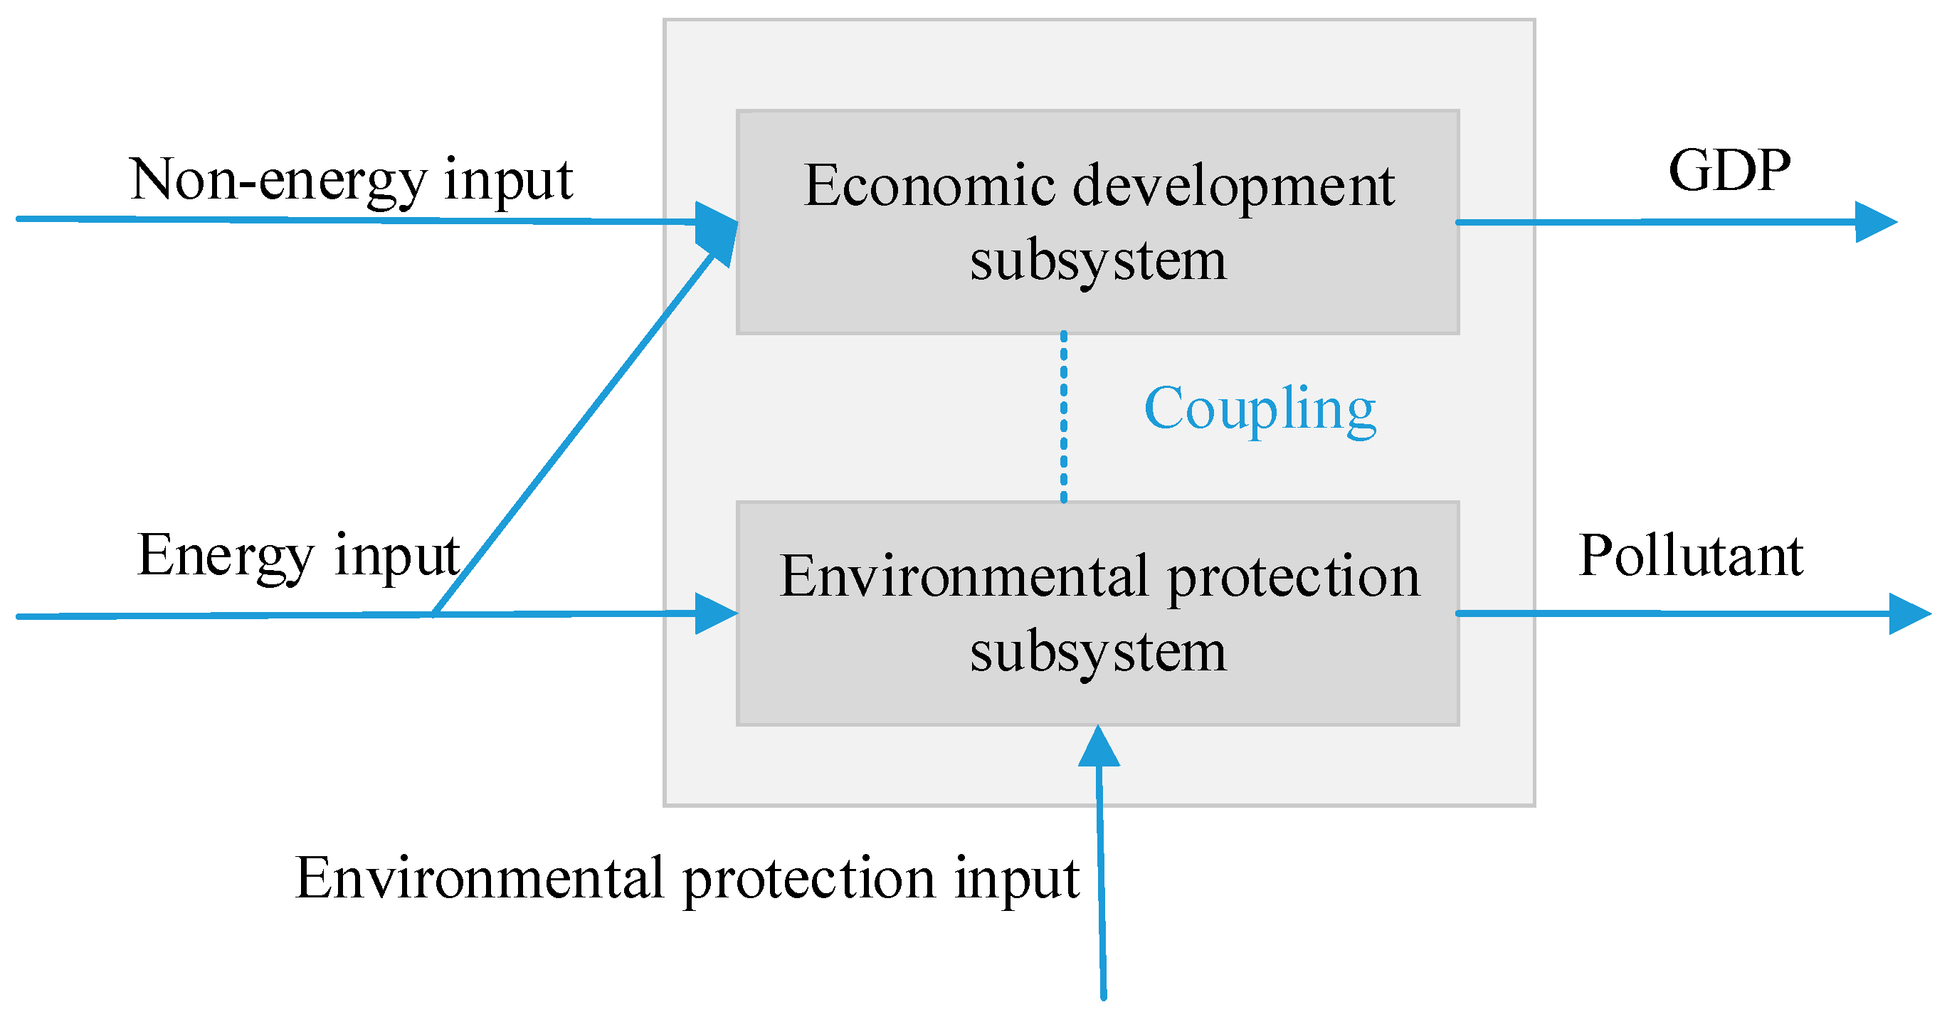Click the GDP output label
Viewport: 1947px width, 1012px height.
click(x=1729, y=171)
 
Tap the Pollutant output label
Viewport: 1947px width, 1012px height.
click(x=1690, y=557)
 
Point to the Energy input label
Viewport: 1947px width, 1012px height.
click(x=299, y=556)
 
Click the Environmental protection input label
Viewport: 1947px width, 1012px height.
click(x=686, y=879)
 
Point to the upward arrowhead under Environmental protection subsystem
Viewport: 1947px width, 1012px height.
click(x=1098, y=748)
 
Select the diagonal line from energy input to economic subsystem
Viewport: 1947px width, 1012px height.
click(x=574, y=435)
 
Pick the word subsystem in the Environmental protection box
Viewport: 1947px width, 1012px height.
click(x=1097, y=651)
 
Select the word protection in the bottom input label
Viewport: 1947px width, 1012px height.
click(x=808, y=879)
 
